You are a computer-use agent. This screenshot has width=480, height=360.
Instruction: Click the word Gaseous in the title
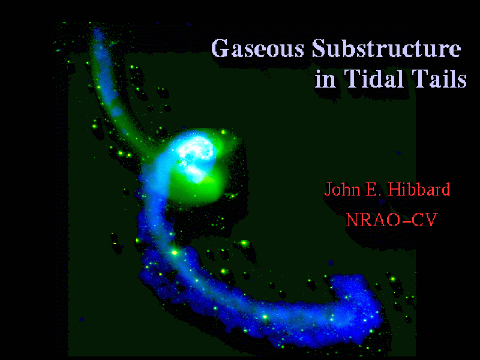pos(257,49)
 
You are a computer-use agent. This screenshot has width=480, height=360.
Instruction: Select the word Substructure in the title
pos(386,49)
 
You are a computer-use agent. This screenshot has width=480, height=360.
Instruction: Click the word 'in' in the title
pos(325,79)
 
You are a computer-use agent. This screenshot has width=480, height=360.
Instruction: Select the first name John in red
pos(342,189)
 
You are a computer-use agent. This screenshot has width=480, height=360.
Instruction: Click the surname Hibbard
pos(419,189)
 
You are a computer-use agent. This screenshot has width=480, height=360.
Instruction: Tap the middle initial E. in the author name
pos(373,190)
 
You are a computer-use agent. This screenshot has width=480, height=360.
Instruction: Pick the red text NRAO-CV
pos(392,219)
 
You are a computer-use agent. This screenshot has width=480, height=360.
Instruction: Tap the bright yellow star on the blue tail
pos(175,253)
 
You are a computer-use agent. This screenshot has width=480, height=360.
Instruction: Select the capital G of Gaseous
pos(220,49)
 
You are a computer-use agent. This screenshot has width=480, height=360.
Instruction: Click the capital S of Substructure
pos(319,49)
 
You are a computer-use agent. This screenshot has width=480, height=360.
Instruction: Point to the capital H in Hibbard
pos(394,190)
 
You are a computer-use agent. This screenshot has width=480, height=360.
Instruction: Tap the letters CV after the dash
pos(425,220)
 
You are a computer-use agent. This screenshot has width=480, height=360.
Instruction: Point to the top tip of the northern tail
pos(97,30)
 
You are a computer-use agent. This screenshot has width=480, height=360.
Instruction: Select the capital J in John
pos(328,190)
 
